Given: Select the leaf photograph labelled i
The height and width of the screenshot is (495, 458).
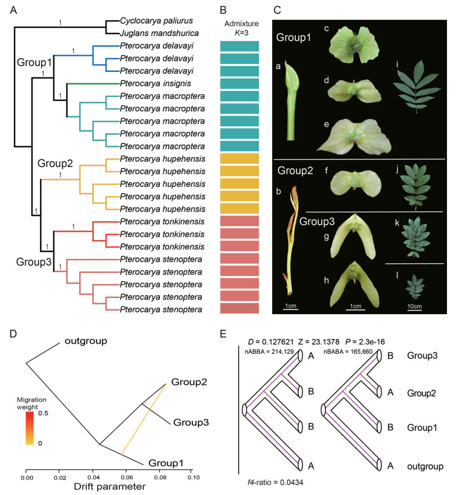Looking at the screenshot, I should point(411,88).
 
